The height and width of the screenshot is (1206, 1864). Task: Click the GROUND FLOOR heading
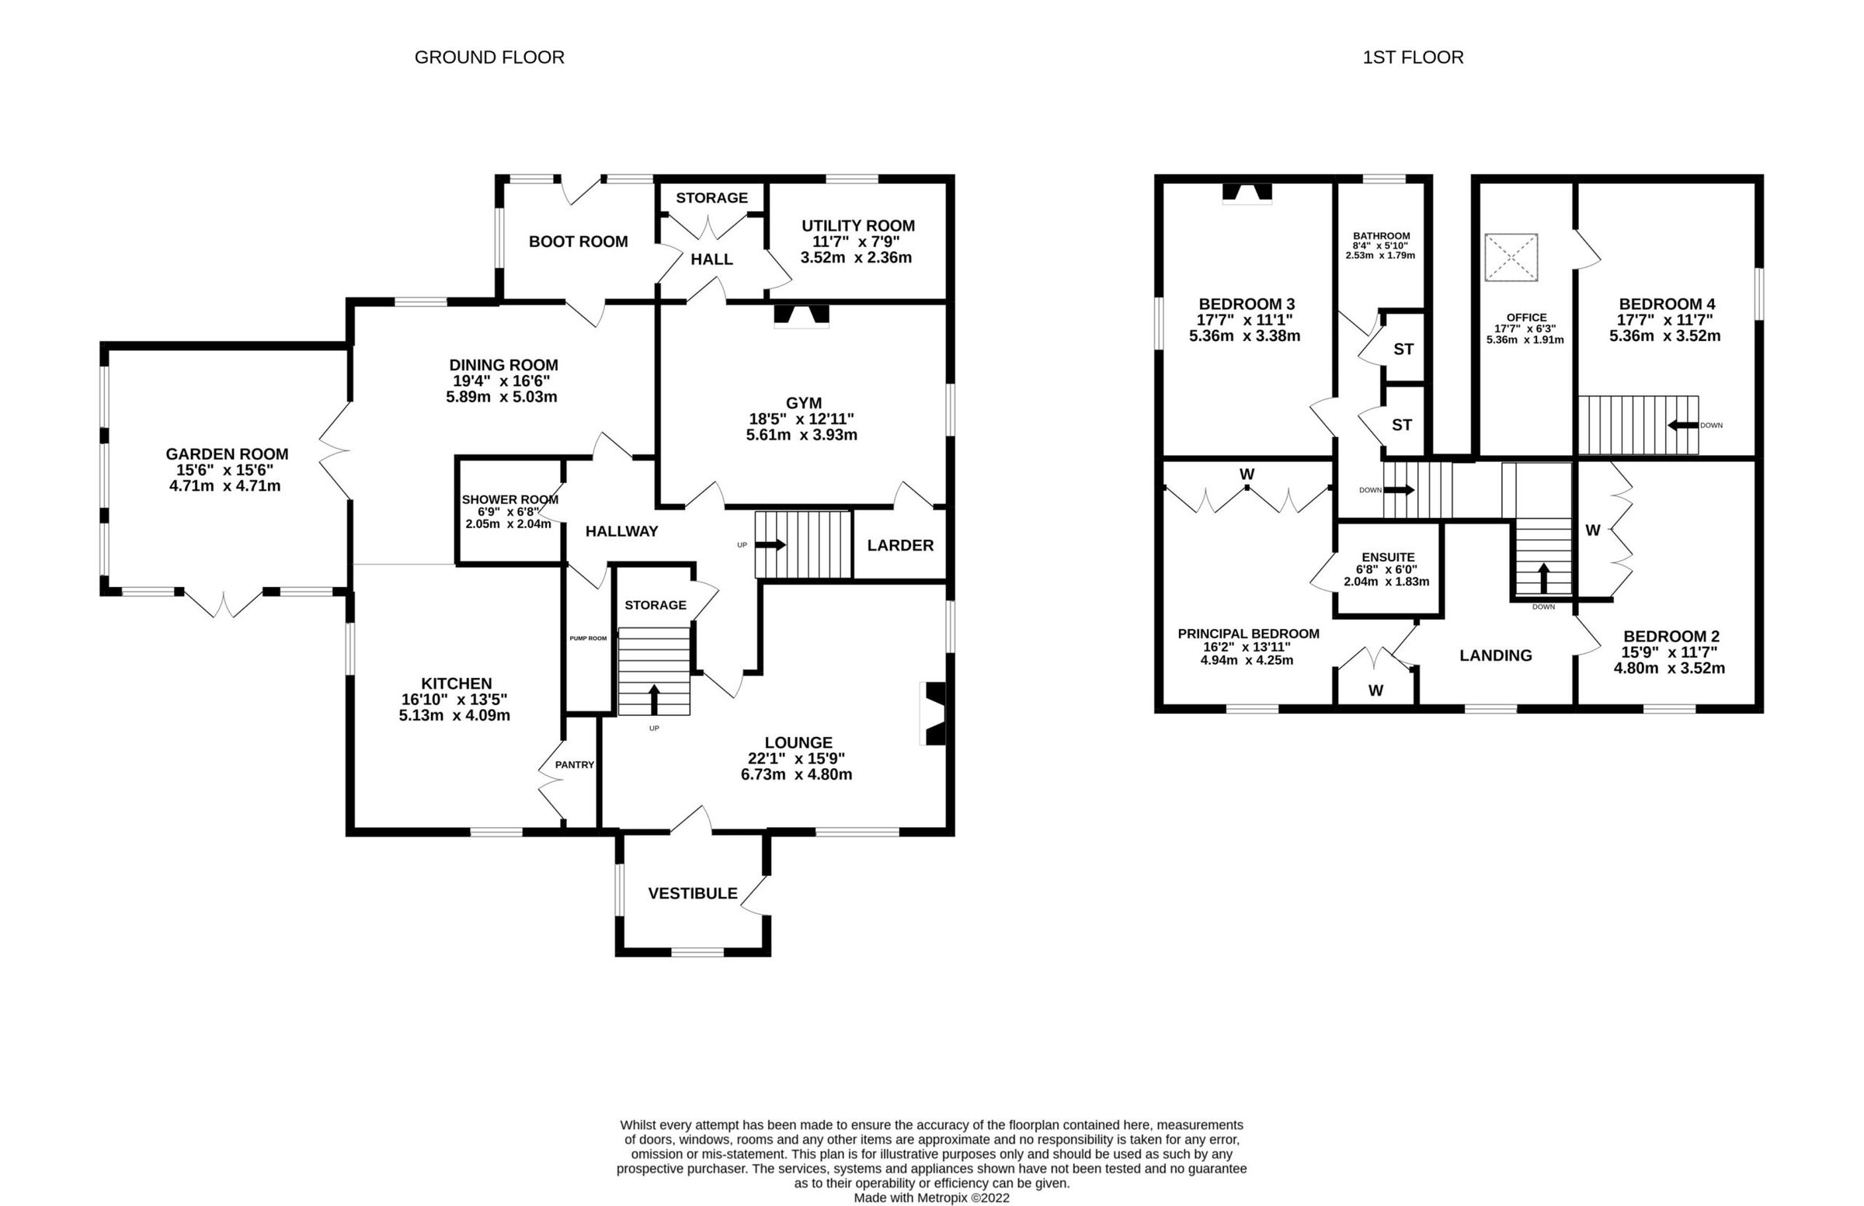pos(489,57)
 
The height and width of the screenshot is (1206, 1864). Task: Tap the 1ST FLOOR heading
pos(1412,57)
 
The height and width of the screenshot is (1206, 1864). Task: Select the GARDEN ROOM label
pos(226,454)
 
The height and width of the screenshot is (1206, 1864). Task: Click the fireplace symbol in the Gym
pos(802,315)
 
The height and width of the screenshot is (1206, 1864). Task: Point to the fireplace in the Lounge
pos(934,713)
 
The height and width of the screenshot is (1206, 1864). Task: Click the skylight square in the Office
pos(1511,257)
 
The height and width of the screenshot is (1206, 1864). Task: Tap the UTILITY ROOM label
pos(857,225)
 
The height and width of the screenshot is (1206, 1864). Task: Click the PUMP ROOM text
pos(587,638)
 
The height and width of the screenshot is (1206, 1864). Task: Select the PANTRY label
pos(574,764)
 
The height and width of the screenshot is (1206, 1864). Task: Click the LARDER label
pos(900,545)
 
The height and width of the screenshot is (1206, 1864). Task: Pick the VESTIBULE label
pos(692,894)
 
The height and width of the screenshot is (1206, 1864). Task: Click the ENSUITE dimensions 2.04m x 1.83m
pos(1386,582)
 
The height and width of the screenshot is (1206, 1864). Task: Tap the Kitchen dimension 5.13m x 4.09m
pos(454,715)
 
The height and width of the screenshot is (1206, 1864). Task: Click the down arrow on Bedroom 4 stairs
pos(1682,426)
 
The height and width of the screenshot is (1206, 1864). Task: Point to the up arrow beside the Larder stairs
pos(770,544)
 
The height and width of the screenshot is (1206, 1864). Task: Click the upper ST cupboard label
pos(1403,349)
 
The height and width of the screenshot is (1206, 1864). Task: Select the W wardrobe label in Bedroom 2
pos(1592,530)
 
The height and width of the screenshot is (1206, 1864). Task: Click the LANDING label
pos(1495,655)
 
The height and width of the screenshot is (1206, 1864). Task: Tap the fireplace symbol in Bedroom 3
pos(1247,193)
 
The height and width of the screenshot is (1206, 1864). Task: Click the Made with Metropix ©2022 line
pos(931,1197)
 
